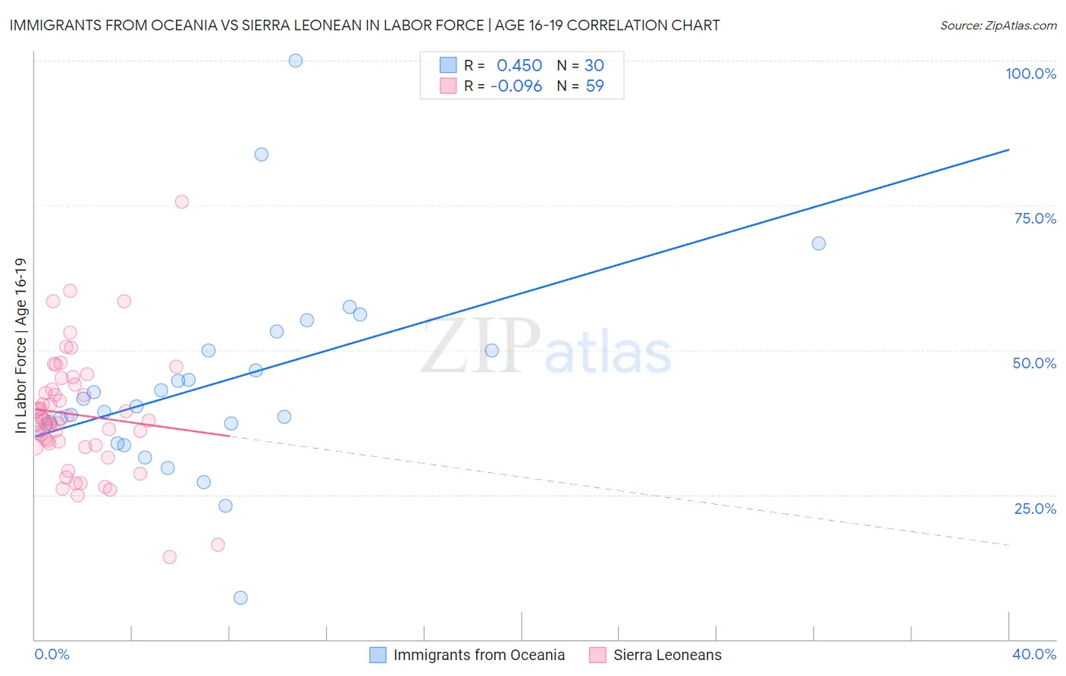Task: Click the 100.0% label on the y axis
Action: [x=1030, y=74]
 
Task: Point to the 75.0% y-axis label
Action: [x=1035, y=218]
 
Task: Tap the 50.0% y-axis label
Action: [x=1034, y=363]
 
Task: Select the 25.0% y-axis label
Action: [x=1035, y=509]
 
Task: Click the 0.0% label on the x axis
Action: [x=52, y=654]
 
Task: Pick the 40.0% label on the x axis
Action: [x=1033, y=654]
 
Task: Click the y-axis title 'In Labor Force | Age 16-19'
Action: [x=20, y=346]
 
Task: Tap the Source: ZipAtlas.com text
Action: [x=998, y=25]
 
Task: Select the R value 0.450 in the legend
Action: [x=519, y=66]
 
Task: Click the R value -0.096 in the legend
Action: [x=516, y=86]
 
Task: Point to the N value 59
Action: [x=594, y=86]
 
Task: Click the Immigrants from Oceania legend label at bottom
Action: [x=478, y=655]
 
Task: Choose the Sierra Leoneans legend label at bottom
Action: [x=667, y=655]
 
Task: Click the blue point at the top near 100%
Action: [x=296, y=61]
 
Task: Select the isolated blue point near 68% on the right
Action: [x=819, y=243]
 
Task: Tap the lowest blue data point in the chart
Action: [x=240, y=598]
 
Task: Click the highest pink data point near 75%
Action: [x=182, y=202]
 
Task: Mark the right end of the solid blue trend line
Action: [x=1008, y=149]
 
